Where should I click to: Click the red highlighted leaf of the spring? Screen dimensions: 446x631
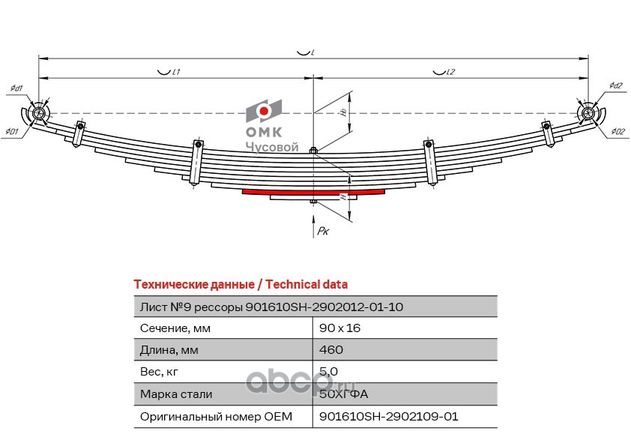pos(313,192)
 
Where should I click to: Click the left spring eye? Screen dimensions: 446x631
pos(39,113)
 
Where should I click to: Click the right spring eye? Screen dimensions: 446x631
pos(589,113)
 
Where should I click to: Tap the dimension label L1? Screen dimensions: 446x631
pos(169,72)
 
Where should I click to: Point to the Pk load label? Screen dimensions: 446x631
pos(323,232)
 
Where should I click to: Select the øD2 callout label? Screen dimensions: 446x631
pos(618,132)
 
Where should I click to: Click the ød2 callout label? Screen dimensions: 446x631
pos(616,85)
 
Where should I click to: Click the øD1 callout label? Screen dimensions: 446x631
pos(12,132)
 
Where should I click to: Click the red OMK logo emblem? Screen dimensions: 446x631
pos(264,112)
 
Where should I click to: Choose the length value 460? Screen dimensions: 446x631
pos(330,350)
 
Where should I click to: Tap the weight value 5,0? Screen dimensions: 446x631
pos(328,371)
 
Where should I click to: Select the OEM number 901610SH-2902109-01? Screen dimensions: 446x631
pos(387,416)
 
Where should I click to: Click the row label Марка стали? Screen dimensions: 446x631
pos(175,394)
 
